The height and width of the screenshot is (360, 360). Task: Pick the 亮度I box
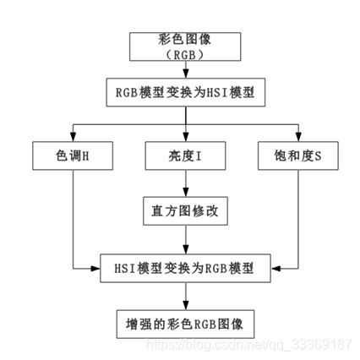tap(184, 157)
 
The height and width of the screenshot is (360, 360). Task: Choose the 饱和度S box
tap(297, 157)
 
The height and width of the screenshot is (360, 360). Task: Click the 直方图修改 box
tap(184, 210)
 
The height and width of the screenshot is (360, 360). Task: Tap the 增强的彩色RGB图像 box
tap(184, 323)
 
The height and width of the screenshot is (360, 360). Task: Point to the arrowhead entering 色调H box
tap(73, 139)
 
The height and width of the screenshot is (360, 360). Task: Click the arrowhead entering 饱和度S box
tap(297, 139)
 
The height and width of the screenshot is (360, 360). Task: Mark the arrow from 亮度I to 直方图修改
tap(184, 183)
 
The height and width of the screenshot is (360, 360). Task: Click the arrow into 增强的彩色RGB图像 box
tap(184, 296)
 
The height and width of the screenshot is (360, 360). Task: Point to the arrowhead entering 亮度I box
tap(184, 139)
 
